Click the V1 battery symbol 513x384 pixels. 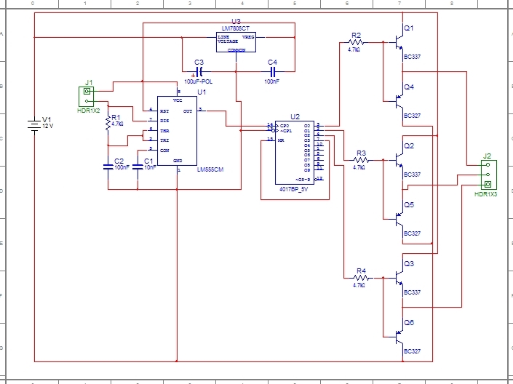click(x=34, y=126)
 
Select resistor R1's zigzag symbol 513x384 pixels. click(x=108, y=124)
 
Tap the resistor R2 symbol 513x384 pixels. click(x=355, y=43)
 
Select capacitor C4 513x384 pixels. click(x=273, y=73)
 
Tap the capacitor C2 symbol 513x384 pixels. click(x=108, y=167)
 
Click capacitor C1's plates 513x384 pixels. click(x=138, y=167)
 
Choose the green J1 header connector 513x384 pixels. click(x=88, y=97)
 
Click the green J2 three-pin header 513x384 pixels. click(x=487, y=174)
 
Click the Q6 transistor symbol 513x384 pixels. click(x=397, y=337)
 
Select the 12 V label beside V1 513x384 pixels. click(x=48, y=126)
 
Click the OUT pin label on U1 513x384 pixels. click(x=188, y=111)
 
